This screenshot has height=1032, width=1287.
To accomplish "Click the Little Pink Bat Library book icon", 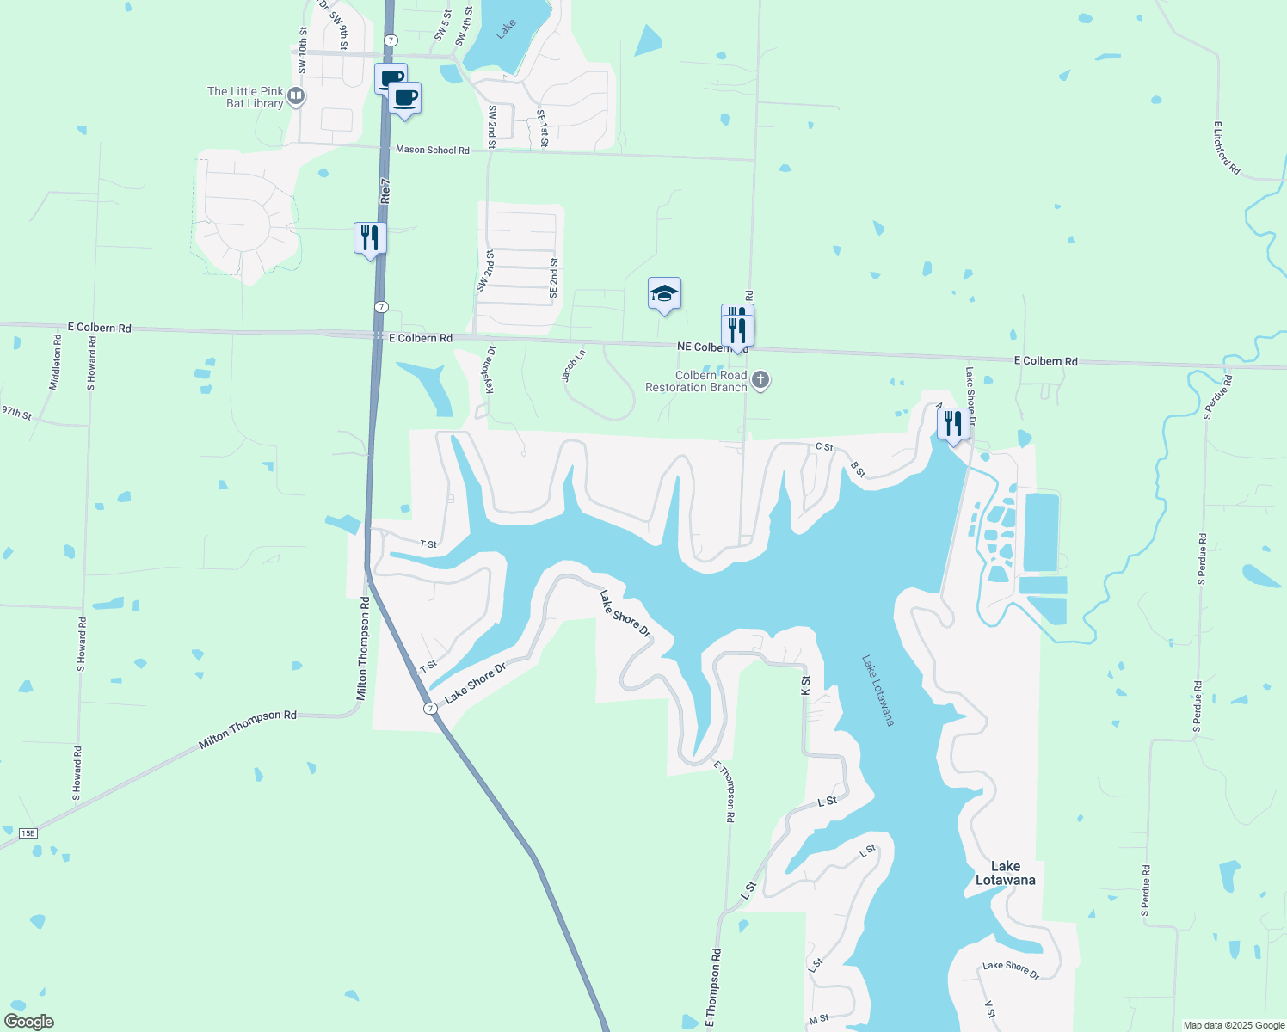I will pyautogui.click(x=296, y=96).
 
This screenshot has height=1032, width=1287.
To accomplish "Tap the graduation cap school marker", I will pyautogui.click(x=664, y=294).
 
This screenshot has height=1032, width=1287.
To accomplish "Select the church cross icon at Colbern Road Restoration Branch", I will pyautogui.click(x=760, y=380).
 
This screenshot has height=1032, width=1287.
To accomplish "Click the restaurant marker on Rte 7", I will pyautogui.click(x=370, y=237).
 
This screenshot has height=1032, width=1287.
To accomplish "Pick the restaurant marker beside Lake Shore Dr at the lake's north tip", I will pyautogui.click(x=952, y=424).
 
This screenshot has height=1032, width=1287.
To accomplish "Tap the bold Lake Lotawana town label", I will pyautogui.click(x=1005, y=873).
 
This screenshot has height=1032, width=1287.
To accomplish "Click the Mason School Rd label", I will pyautogui.click(x=433, y=150).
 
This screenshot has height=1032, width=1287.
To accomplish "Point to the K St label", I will pyautogui.click(x=805, y=685).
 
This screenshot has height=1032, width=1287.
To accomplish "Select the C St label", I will pyautogui.click(x=824, y=447).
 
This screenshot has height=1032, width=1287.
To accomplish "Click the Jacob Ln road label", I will pyautogui.click(x=573, y=365).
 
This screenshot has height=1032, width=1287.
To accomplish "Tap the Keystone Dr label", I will pyautogui.click(x=490, y=370).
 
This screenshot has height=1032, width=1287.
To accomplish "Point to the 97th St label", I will pyautogui.click(x=16, y=413).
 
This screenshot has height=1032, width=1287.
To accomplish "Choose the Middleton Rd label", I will pyautogui.click(x=55, y=363).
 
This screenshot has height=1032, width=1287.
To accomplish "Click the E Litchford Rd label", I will pyautogui.click(x=1226, y=148).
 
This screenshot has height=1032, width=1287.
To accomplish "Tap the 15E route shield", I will pyautogui.click(x=28, y=833).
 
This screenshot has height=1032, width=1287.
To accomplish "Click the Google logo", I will pyautogui.click(x=28, y=1022).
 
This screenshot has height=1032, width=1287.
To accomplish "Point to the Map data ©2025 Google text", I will pyautogui.click(x=1234, y=1025).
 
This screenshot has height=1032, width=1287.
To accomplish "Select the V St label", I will pyautogui.click(x=989, y=1010).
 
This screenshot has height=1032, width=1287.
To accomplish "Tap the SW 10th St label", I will pyautogui.click(x=303, y=50).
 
